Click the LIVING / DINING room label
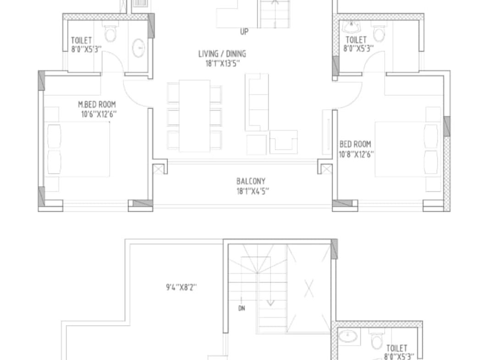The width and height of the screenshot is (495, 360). (222, 54)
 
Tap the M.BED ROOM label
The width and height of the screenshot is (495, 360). (97, 105)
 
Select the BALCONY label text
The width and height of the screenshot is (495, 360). (251, 181)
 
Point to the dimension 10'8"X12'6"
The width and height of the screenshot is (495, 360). (357, 154)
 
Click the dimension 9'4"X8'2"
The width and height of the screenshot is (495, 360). (181, 288)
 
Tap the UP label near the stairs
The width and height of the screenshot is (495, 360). (244, 32)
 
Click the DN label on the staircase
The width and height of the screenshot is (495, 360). (242, 308)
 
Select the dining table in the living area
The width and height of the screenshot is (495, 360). (194, 116)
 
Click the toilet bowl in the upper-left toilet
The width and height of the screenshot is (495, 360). (110, 33)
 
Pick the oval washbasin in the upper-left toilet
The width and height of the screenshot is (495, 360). (138, 48)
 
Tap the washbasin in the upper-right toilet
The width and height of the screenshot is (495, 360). (352, 27)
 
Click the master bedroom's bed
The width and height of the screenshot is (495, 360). (78, 149)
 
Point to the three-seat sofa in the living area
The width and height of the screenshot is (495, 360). (257, 102)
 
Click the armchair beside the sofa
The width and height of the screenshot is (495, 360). (284, 142)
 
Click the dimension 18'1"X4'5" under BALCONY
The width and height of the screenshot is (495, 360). (253, 191)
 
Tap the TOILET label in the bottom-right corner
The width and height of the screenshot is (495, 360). (397, 349)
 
